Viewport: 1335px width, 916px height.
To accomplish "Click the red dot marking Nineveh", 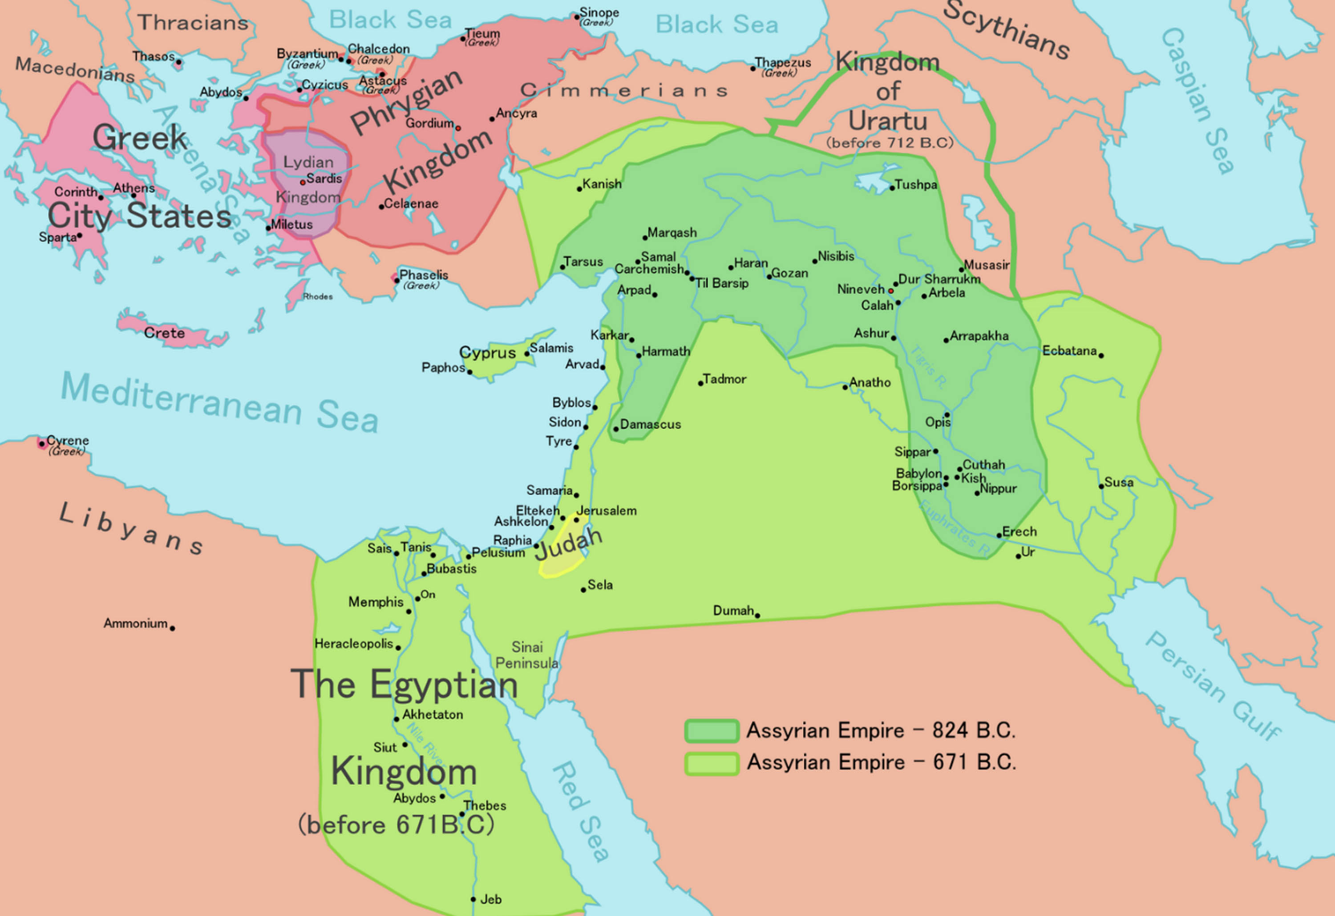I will click(x=891, y=291).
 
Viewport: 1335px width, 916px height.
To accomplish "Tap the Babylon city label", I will click(x=918, y=474).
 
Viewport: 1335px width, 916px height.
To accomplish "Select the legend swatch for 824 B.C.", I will click(x=711, y=731).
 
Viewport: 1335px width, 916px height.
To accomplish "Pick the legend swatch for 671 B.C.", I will click(x=711, y=763).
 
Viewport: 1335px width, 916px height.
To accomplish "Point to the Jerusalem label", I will click(x=607, y=510).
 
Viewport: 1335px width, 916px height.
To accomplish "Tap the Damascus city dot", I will click(x=616, y=429).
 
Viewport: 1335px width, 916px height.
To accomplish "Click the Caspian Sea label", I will click(x=1197, y=101).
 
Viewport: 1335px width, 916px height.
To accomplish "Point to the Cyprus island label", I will click(x=487, y=352).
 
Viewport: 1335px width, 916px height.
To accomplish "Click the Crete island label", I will click(x=164, y=333).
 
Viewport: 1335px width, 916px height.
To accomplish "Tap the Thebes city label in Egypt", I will click(x=485, y=806).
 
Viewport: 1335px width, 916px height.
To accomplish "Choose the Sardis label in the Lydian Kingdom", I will click(x=324, y=179).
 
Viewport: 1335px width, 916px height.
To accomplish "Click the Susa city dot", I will click(x=1101, y=486).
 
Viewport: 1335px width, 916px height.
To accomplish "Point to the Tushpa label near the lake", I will click(x=916, y=184).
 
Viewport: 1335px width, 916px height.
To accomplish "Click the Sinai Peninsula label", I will click(x=527, y=655).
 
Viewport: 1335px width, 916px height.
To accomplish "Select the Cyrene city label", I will click(x=68, y=440).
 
